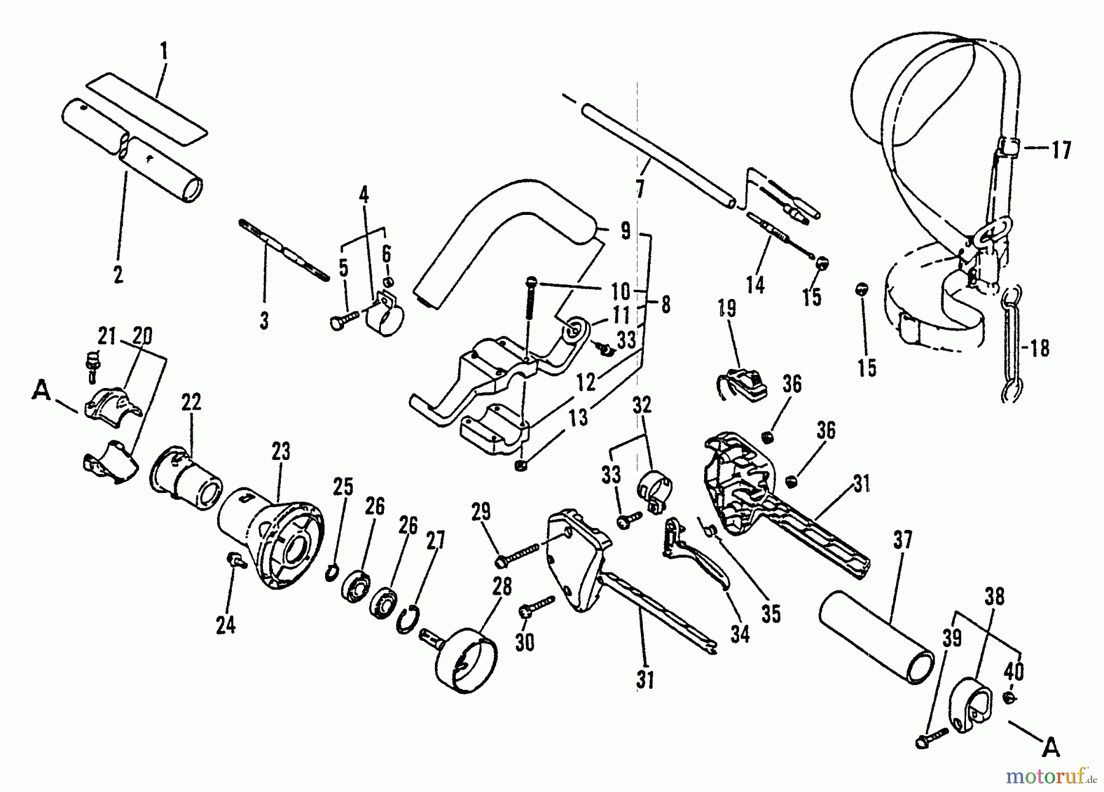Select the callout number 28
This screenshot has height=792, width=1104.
(502, 587)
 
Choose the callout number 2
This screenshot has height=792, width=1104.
(118, 274)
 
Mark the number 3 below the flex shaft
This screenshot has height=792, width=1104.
(264, 320)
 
